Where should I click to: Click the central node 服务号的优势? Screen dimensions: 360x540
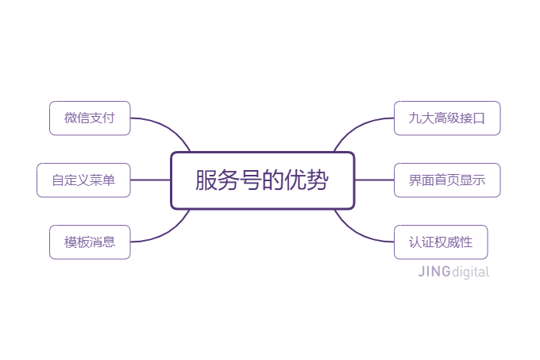pos(262,180)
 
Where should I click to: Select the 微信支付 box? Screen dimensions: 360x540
pos(90,118)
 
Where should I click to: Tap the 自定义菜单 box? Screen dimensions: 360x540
pos(83,180)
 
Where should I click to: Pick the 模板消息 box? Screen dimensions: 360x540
pos(90,242)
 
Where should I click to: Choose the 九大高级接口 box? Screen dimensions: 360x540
pos(447,118)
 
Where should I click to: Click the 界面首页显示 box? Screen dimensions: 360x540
pos(447,180)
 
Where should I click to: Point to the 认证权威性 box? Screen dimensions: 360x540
pos(441,242)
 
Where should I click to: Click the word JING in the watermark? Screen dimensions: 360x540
pos(434,272)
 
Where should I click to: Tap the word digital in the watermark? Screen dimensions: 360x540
pos(470,272)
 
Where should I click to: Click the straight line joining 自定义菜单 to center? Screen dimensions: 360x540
pos(151,180)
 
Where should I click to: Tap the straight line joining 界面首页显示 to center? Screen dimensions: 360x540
pos(374,180)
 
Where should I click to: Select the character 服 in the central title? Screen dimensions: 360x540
pos(206,180)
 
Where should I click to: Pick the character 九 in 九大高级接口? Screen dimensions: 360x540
pos(415,118)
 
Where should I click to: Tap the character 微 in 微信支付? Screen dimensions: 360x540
pos(71,118)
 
